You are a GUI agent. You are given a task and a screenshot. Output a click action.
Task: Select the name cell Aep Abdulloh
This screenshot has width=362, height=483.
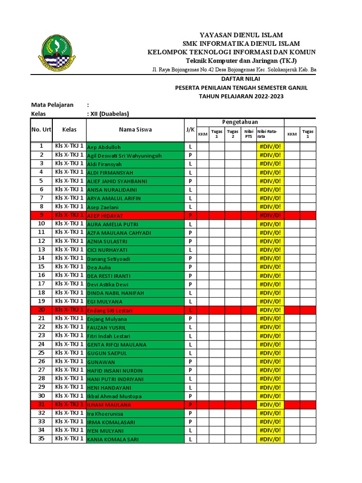[x=135, y=147]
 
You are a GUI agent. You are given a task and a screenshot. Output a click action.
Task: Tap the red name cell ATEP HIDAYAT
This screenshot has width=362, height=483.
[x=135, y=216]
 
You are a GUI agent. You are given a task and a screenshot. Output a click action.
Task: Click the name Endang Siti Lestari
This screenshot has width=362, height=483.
[x=135, y=310]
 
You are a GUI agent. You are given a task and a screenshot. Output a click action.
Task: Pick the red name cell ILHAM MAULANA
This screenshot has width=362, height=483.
[x=135, y=405]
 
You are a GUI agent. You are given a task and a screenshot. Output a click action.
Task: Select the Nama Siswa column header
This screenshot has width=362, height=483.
[x=135, y=130]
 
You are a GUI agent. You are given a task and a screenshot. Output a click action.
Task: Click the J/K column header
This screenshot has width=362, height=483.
[x=190, y=130]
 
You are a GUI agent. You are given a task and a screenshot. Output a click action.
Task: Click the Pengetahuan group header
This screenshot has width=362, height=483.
[x=240, y=122]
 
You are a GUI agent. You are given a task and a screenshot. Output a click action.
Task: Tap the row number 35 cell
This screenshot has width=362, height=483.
[x=41, y=439]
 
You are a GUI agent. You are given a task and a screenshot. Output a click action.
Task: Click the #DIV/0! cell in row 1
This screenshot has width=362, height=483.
[x=270, y=147]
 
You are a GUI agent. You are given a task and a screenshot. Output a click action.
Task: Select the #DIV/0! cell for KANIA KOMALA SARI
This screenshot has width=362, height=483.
[x=270, y=439]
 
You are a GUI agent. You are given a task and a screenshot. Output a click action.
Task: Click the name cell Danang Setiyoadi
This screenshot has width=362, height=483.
[x=135, y=258]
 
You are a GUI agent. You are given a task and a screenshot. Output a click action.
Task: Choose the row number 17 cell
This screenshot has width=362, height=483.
[x=41, y=284]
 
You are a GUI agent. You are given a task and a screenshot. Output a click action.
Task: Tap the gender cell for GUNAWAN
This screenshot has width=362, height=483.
[x=190, y=362]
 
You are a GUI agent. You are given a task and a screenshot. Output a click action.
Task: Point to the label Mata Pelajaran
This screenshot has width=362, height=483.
[x=52, y=105]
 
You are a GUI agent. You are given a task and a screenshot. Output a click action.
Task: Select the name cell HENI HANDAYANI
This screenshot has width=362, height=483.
[x=135, y=387]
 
